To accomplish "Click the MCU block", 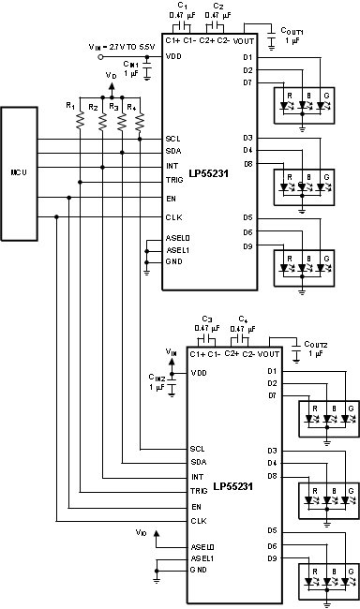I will point(18,173).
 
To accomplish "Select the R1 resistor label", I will point(69,104).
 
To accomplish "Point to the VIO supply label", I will point(141,532).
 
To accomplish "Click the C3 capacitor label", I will point(207,319).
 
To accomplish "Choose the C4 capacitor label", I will point(243,319).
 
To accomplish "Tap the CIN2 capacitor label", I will point(156,378).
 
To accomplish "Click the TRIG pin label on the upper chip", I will point(174,181).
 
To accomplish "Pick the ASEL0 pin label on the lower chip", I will point(203,546).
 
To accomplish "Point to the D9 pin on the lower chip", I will point(271,558).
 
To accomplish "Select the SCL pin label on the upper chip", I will point(172,138).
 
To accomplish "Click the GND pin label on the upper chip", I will point(173,260).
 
